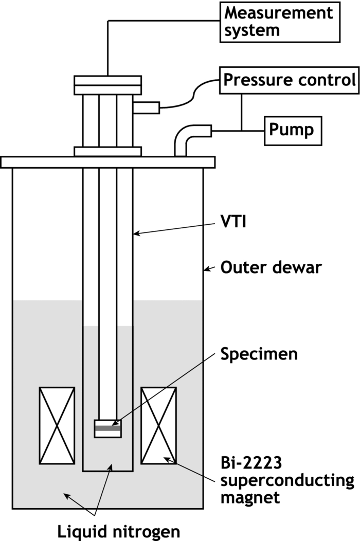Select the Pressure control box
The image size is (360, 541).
(289, 80)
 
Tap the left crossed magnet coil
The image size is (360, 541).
(57, 425)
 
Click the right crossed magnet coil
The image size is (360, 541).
(159, 425)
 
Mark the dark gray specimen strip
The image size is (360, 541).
(107, 427)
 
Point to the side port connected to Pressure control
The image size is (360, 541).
(146, 107)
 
